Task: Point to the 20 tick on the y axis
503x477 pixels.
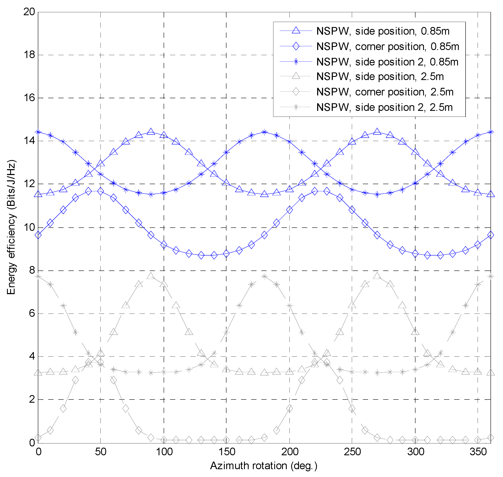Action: pyautogui.click(x=29, y=12)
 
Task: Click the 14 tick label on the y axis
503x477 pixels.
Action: pyautogui.click(x=29, y=141)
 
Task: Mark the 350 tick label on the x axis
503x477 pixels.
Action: pyautogui.click(x=478, y=452)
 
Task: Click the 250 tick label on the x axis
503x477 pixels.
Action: pyautogui.click(x=352, y=452)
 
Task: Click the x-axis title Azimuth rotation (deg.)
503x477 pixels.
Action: pyautogui.click(x=263, y=466)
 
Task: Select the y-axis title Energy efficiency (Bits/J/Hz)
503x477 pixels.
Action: pyautogui.click(x=11, y=227)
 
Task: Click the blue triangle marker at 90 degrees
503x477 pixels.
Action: pyautogui.click(x=151, y=132)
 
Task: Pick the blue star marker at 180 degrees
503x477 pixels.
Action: pyautogui.click(x=264, y=132)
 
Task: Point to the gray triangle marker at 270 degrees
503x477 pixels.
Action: pyautogui.click(x=377, y=276)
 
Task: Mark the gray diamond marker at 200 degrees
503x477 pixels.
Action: pyautogui.click(x=289, y=409)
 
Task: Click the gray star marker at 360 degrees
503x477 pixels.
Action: pyautogui.click(x=491, y=276)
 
